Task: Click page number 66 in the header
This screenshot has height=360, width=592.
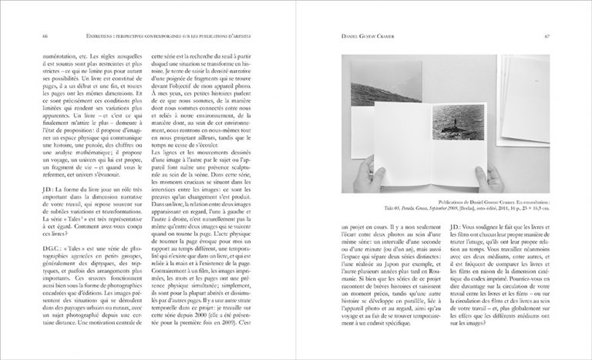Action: (x=45, y=36)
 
